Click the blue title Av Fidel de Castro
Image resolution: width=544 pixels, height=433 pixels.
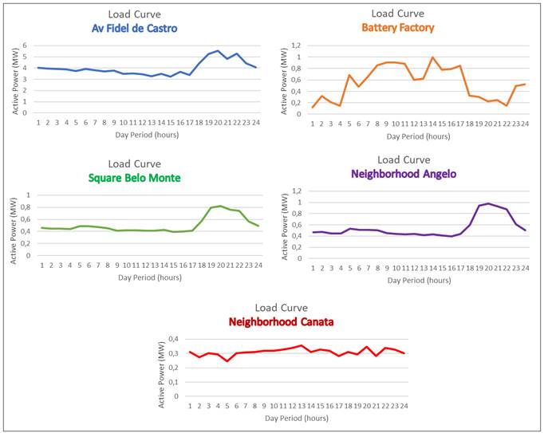pyautogui.click(x=134, y=29)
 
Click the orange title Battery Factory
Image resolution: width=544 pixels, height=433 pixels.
pyautogui.click(x=398, y=27)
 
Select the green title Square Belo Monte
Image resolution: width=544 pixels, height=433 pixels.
pyautogui.click(x=135, y=177)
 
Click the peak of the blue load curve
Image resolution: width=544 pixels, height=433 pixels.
pyautogui.click(x=218, y=50)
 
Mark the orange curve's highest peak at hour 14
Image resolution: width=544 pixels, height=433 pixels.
pyautogui.click(x=432, y=57)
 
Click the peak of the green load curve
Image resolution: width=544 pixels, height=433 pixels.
pyautogui.click(x=220, y=206)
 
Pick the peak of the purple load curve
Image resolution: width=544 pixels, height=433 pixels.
pyautogui.click(x=488, y=203)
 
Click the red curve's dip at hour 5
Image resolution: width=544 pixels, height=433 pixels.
pyautogui.click(x=227, y=361)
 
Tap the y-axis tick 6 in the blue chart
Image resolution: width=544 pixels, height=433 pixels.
pyautogui.click(x=25, y=45)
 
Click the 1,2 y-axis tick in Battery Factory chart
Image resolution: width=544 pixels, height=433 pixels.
pyautogui.click(x=296, y=46)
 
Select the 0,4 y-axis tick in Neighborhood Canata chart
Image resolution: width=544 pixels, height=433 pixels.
pyautogui.click(x=175, y=339)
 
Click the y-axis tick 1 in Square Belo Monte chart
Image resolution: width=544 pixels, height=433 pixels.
pyautogui.click(x=28, y=195)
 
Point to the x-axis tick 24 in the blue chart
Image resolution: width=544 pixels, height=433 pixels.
pyautogui.click(x=255, y=122)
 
